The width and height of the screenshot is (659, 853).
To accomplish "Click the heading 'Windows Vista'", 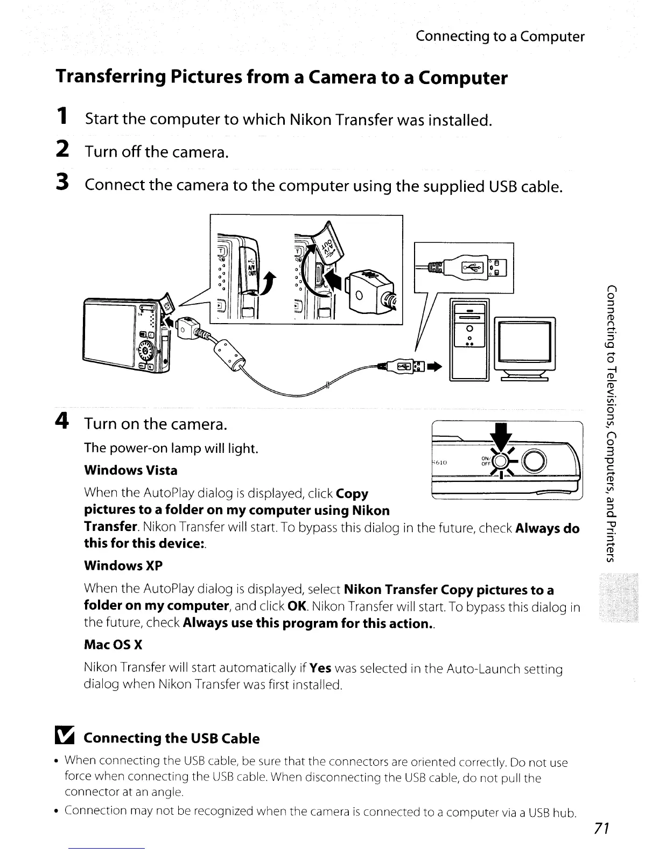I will [131, 470].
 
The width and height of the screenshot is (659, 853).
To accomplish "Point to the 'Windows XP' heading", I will [123, 565].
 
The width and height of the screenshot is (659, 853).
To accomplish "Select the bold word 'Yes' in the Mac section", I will [320, 669].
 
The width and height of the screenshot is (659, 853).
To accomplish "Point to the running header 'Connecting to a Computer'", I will [500, 37].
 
